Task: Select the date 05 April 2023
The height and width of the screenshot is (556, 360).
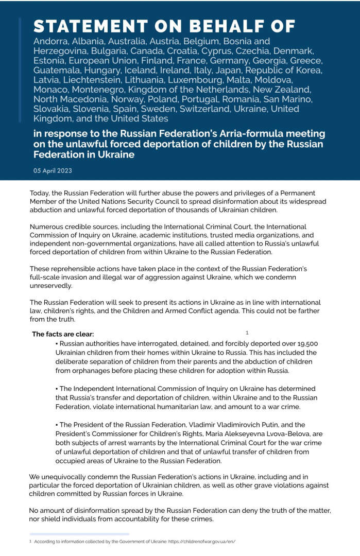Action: (53, 170)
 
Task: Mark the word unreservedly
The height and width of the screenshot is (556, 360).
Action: (51, 286)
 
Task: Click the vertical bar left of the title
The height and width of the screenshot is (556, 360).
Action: (20, 70)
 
